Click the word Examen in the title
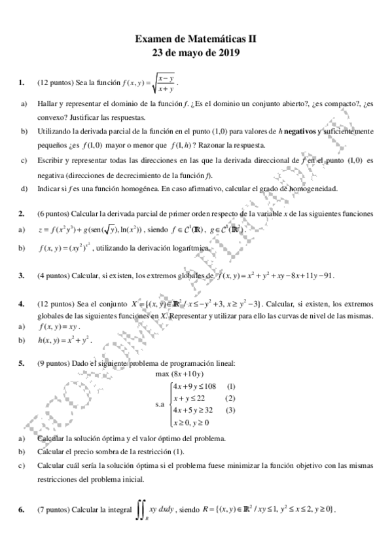click(154, 39)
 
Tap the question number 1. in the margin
click(22, 82)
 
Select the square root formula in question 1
click(164, 82)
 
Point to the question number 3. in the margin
click(22, 276)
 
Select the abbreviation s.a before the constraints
click(160, 404)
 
